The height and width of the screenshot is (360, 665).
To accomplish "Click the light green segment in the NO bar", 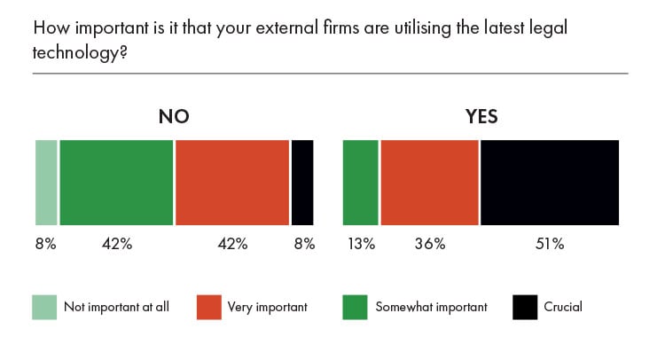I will click(46, 183).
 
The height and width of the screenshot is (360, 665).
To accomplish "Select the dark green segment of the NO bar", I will click(116, 183).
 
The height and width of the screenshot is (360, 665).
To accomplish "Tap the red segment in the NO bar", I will click(232, 183).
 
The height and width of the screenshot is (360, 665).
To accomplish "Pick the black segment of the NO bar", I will click(302, 183).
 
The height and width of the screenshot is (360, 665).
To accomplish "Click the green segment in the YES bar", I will click(360, 183).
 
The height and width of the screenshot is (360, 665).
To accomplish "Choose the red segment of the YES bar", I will click(429, 183).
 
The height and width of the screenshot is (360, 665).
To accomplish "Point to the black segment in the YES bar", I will click(550, 183).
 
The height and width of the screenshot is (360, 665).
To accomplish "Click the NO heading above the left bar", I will click(174, 117).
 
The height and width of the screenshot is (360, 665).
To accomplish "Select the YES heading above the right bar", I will click(481, 117).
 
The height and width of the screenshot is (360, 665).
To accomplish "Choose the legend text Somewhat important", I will click(431, 308).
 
